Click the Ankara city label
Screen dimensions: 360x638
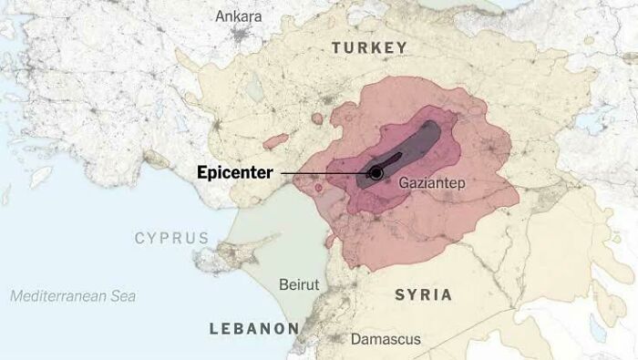point(239,15)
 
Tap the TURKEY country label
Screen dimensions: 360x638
point(369,47)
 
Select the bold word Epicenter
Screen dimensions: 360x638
point(235,172)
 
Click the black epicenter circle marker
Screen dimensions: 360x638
point(376,173)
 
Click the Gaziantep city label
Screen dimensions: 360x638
point(432,184)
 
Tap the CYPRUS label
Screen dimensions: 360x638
point(171,238)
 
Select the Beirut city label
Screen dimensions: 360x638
point(299,284)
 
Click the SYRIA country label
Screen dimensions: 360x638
point(423,294)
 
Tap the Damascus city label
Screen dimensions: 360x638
point(386,339)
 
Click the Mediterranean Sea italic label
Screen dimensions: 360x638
point(73,296)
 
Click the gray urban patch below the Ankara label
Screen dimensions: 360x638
point(241,36)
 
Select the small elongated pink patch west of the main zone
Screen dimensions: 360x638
point(276,140)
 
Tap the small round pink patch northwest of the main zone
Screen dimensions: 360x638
point(317,118)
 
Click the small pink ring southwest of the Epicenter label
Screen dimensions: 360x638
point(318,188)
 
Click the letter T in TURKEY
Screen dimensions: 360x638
point(336,47)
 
